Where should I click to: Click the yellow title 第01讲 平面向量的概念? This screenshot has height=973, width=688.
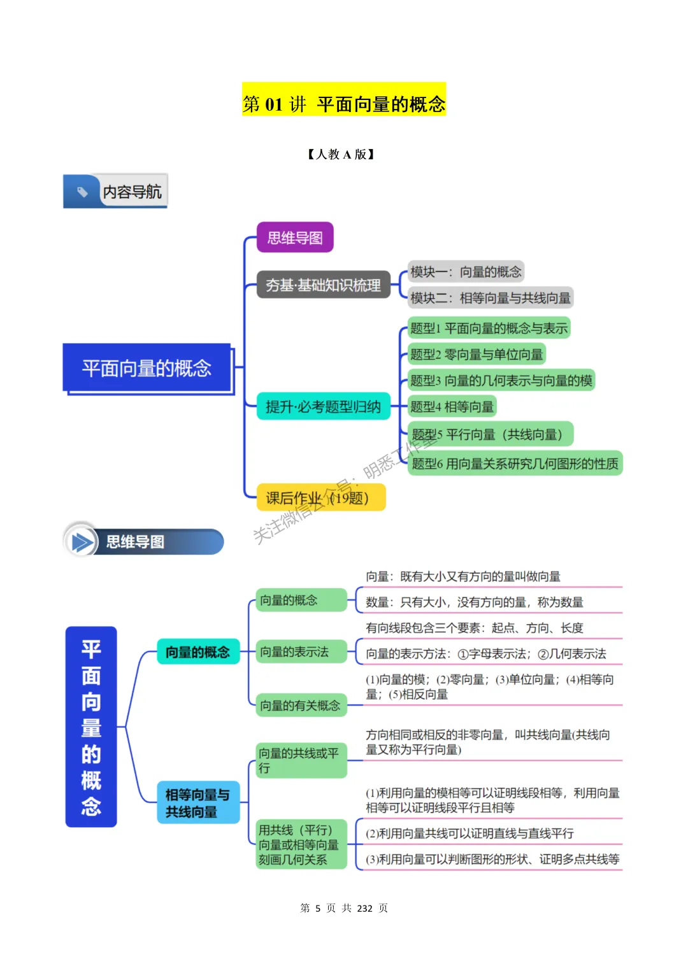point(344,104)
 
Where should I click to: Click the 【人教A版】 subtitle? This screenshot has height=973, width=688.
point(341,154)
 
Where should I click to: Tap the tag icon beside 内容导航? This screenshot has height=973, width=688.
point(82,191)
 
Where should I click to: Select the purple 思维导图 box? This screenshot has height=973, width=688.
point(295,238)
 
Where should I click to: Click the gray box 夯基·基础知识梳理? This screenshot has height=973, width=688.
point(323,285)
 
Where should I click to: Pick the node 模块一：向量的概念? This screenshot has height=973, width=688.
point(466,272)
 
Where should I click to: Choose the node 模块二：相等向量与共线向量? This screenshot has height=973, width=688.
point(490,297)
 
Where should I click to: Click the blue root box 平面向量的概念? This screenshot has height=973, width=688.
point(147,368)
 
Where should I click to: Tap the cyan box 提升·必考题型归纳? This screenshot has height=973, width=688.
point(323,406)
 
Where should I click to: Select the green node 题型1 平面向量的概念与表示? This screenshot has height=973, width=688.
point(489,328)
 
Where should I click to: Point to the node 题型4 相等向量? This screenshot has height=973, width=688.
point(452,406)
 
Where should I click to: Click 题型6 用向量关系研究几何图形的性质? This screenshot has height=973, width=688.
point(515,463)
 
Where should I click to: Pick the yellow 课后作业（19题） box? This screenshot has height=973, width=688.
point(321,497)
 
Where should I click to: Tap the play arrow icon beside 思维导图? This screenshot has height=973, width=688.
point(82,542)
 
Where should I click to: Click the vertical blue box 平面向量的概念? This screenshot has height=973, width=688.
point(91,727)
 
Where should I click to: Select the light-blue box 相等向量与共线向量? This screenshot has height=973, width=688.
point(198,802)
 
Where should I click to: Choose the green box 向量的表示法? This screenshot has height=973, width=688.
point(301,651)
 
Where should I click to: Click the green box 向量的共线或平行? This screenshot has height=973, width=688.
point(301,760)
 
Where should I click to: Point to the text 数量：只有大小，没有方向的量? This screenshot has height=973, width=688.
point(475,602)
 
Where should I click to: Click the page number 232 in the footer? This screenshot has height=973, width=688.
point(364,908)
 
